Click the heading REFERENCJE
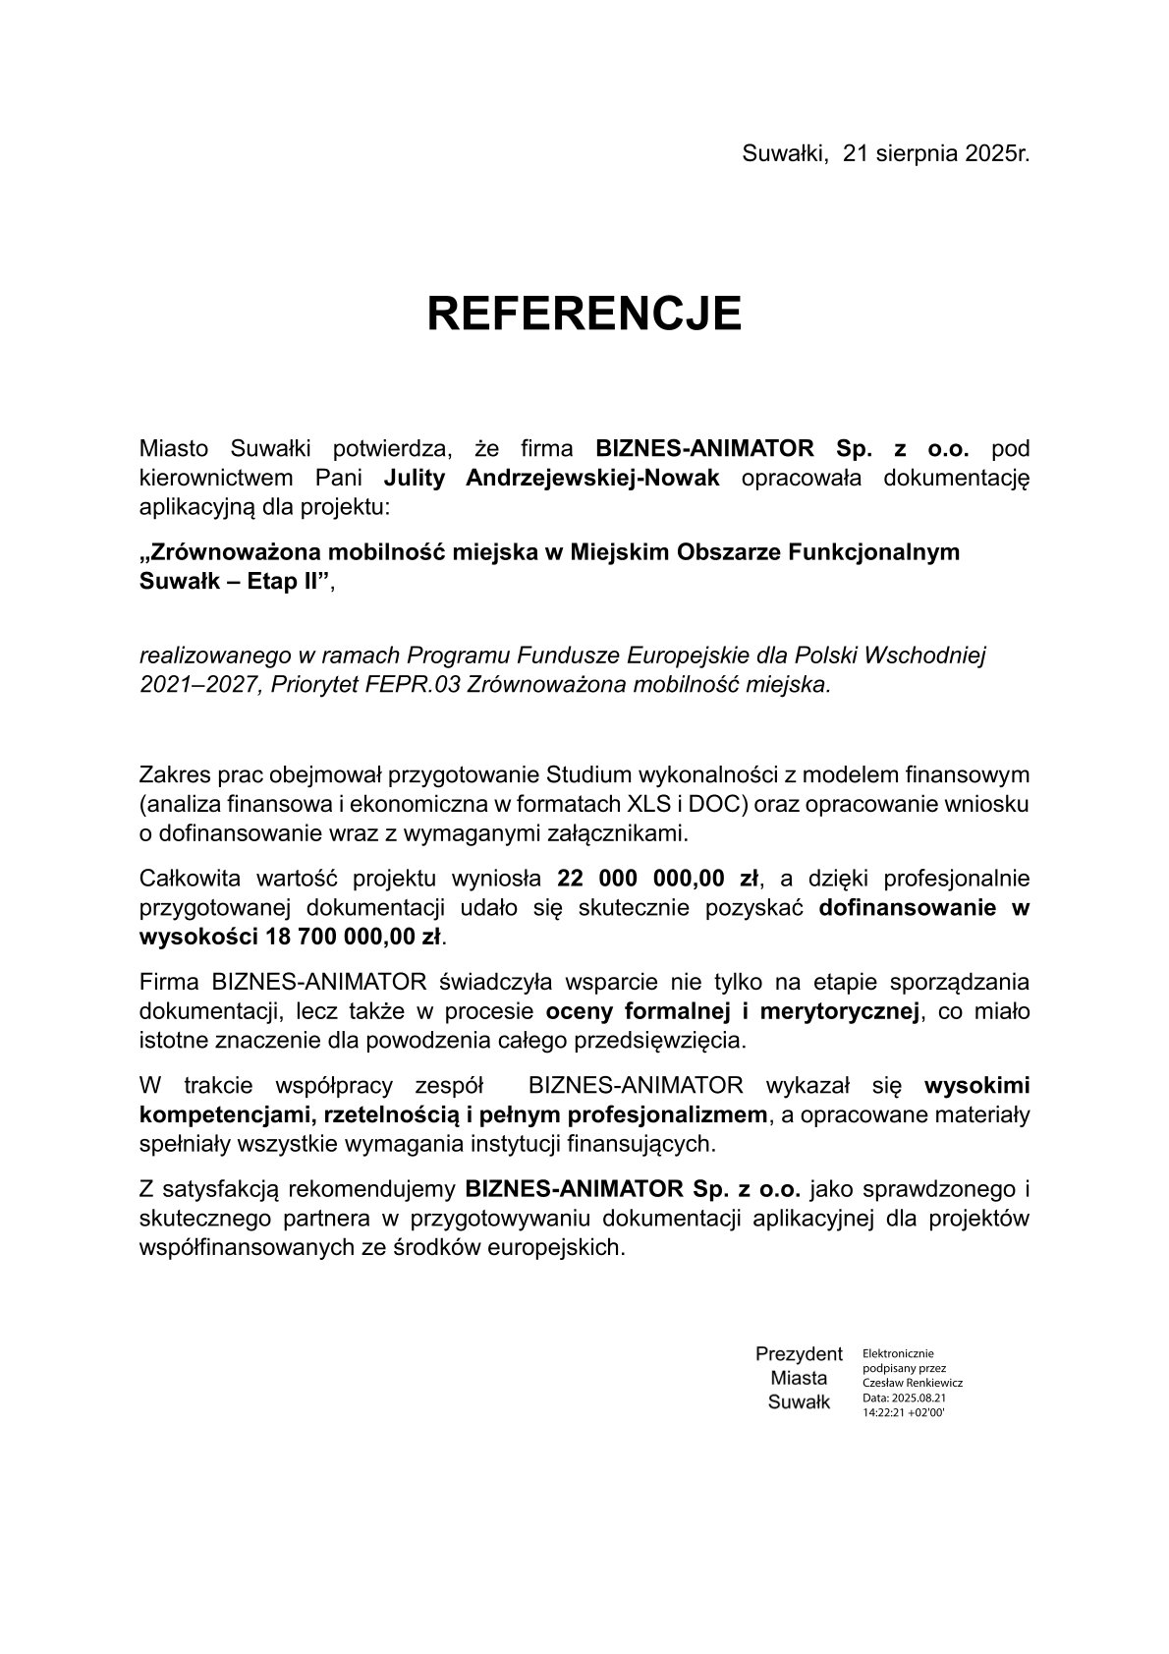pos(584,313)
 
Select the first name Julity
pos(410,479)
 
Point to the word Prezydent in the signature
pos(799,1354)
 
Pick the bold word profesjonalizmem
pos(671,1114)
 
